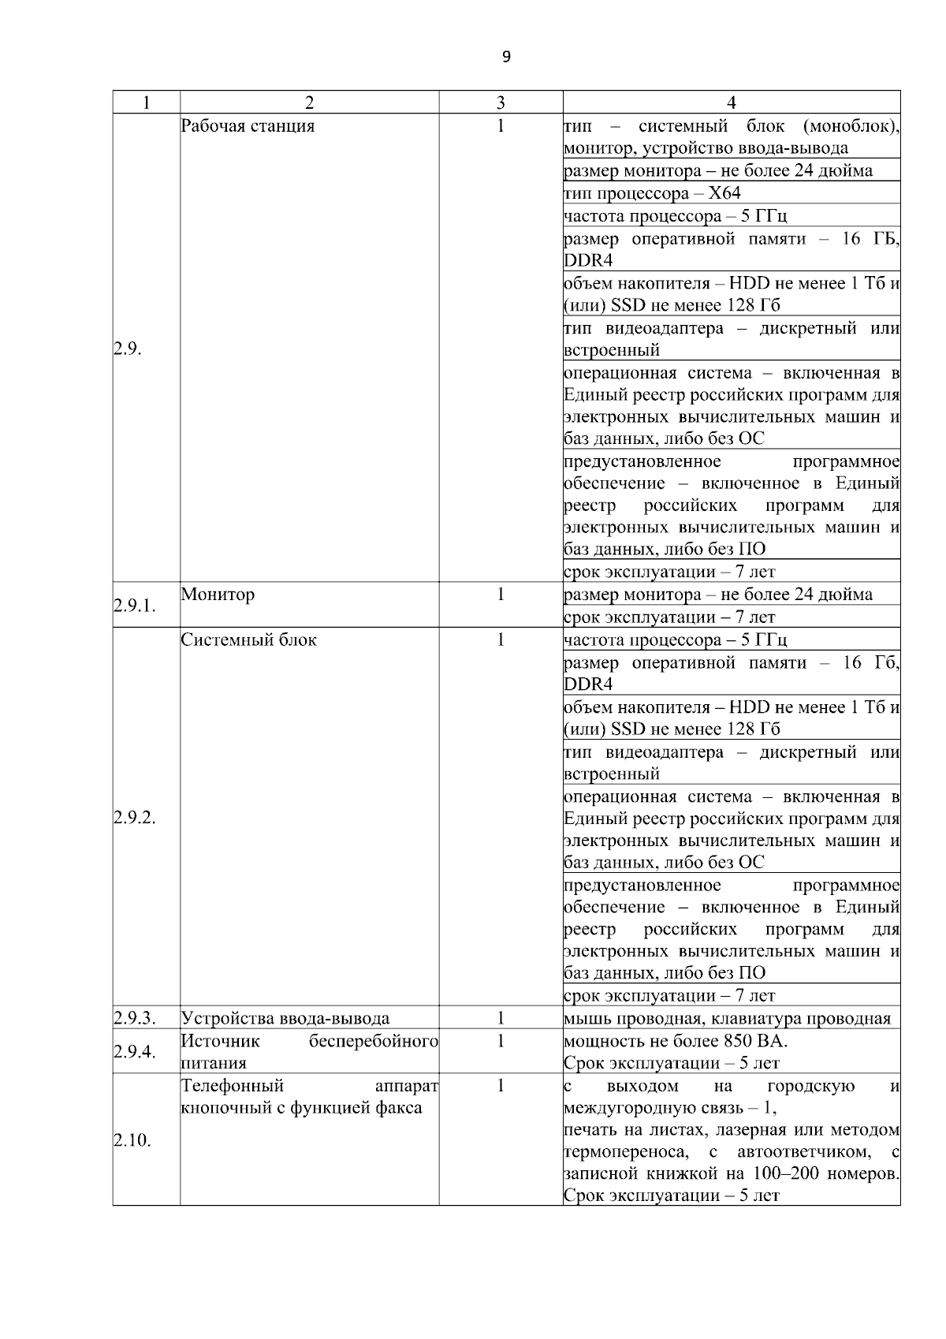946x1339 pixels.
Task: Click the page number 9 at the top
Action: click(x=505, y=57)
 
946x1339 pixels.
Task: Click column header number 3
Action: click(x=501, y=103)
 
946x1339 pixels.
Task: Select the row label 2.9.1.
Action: click(x=134, y=606)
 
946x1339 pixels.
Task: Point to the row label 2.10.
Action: click(x=132, y=1140)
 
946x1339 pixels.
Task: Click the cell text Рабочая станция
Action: click(x=248, y=126)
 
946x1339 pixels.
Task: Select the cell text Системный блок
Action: click(x=249, y=640)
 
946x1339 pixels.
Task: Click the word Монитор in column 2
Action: click(x=218, y=595)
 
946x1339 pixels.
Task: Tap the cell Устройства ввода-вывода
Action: click(x=285, y=1018)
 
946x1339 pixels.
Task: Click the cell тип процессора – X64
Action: click(x=652, y=193)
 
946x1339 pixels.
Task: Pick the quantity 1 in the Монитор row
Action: click(x=501, y=595)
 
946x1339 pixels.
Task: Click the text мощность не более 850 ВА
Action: click(x=676, y=1041)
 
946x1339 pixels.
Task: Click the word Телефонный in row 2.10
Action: click(x=232, y=1086)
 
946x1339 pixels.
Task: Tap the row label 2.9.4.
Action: click(x=134, y=1052)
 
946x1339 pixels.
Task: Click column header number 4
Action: click(x=731, y=103)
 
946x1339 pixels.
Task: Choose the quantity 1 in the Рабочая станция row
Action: click(x=501, y=126)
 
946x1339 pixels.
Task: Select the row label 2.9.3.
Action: click(x=134, y=1018)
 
